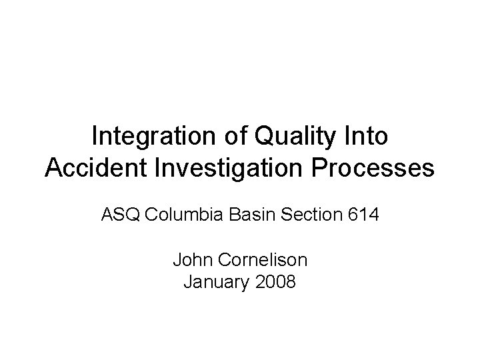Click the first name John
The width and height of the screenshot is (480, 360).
pyautogui.click(x=191, y=259)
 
